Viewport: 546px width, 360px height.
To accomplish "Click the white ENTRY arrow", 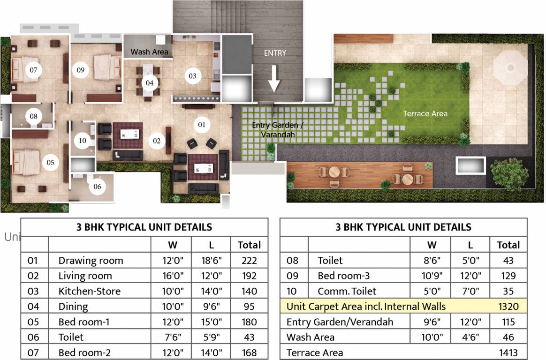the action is tap(274, 79).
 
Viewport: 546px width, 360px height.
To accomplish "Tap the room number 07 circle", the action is tap(33, 70).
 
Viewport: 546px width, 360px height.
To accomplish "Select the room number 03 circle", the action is tap(193, 76).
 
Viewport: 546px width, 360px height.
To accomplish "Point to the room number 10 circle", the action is tap(83, 141).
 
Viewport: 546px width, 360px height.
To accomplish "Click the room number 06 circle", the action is tap(97, 187).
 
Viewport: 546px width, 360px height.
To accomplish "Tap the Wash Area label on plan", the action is tap(149, 52).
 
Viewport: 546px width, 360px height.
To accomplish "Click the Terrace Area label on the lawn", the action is tap(425, 113).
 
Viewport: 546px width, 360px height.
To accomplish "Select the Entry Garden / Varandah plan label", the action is tap(278, 130).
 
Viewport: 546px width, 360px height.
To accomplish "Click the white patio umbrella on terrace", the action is tap(510, 67).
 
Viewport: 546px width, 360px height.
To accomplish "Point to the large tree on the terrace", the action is tap(509, 174).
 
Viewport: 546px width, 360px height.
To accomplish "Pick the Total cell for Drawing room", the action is tap(250, 261).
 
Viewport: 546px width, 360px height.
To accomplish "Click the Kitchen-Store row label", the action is tap(90, 291).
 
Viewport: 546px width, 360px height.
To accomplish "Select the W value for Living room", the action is tap(173, 276).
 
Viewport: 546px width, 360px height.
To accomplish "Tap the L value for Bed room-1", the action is tap(212, 322).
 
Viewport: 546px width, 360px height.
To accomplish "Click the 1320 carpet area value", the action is tap(508, 307).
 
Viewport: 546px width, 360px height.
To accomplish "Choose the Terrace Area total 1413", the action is tap(508, 352).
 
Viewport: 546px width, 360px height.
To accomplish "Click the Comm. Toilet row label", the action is tap(347, 291).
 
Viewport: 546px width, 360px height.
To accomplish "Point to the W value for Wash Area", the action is tap(432, 337).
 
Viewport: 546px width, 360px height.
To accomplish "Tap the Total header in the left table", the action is tap(250, 245).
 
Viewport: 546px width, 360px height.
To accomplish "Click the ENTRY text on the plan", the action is tap(275, 53).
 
